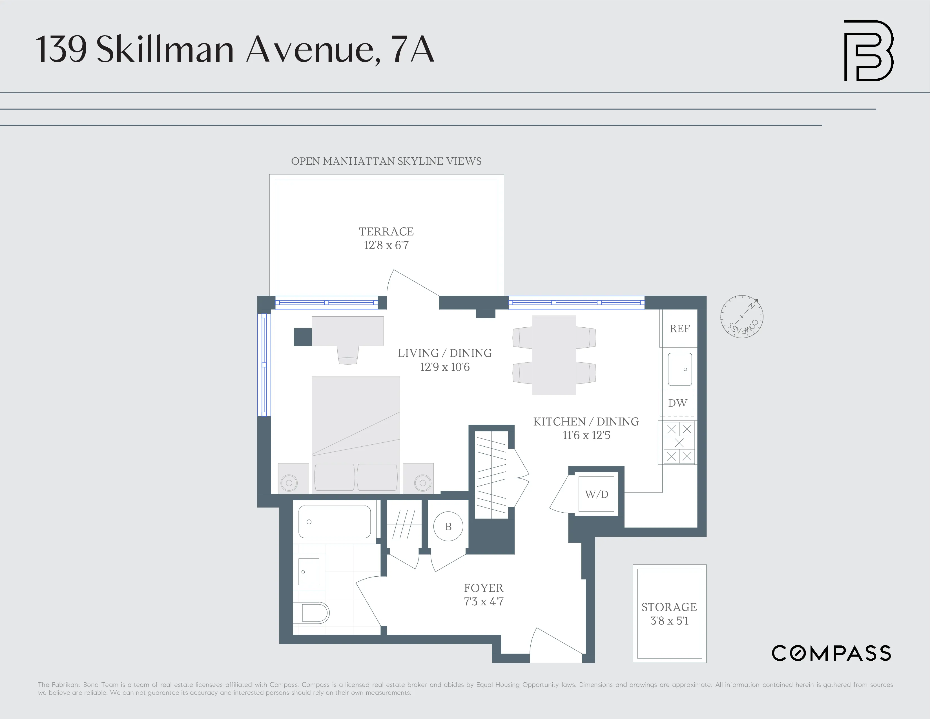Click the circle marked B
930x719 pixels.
[448, 526]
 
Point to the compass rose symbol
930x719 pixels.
[741, 316]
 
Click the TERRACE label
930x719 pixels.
[386, 231]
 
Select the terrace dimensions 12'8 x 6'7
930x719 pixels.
[386, 245]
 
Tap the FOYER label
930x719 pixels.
[483, 588]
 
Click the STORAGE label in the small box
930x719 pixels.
[669, 607]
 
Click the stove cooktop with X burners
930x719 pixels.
[679, 443]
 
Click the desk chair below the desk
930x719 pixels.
[347, 354]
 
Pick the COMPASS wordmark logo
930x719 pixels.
[831, 653]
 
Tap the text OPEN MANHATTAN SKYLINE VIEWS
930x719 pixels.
[386, 161]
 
